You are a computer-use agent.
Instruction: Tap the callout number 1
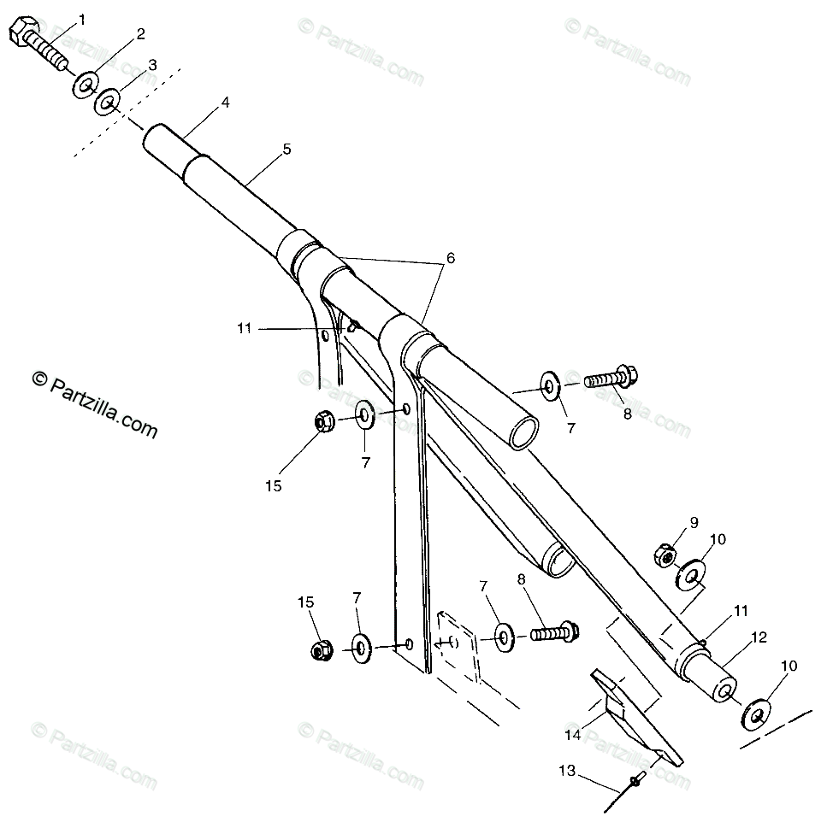pyautogui.click(x=82, y=18)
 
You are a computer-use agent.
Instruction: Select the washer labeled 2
pyautogui.click(x=86, y=85)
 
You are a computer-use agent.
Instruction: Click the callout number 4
pyautogui.click(x=225, y=102)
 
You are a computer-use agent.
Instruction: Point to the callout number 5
pyautogui.click(x=286, y=149)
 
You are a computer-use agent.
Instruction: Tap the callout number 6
pyautogui.click(x=451, y=257)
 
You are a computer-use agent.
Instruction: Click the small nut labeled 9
pyautogui.click(x=666, y=556)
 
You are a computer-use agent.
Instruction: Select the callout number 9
pyautogui.click(x=694, y=522)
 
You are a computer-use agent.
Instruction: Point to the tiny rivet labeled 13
pyautogui.click(x=636, y=779)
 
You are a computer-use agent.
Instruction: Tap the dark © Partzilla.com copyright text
pyautogui.click(x=95, y=400)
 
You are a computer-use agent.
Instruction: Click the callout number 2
pyautogui.click(x=140, y=34)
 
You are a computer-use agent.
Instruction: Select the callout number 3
pyautogui.click(x=151, y=65)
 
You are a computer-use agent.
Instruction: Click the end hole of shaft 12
pyautogui.click(x=724, y=691)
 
